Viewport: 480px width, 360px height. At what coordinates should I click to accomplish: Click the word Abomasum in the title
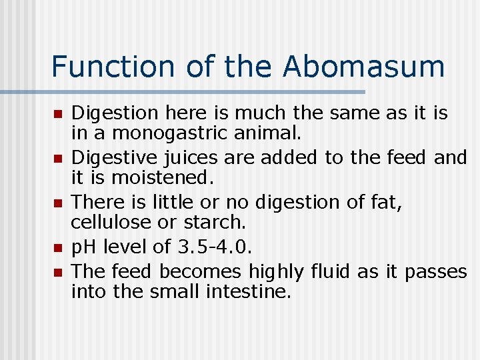click(363, 67)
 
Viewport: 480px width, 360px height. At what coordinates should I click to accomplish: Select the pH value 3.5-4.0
click(215, 247)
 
